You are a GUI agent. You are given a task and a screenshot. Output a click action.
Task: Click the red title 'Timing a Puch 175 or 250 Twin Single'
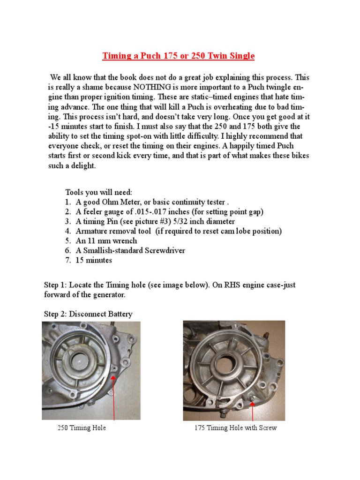(179, 56)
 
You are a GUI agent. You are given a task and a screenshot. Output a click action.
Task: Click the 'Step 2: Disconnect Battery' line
(88, 314)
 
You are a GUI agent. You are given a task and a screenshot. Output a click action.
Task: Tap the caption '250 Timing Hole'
(82, 428)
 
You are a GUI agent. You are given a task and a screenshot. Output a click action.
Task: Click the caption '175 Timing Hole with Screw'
(235, 428)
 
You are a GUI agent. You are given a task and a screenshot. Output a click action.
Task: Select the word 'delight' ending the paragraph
(82, 165)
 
